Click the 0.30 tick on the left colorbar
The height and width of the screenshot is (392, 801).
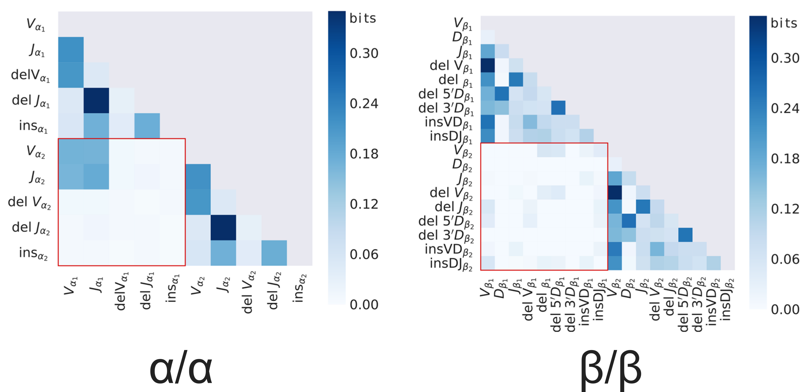[364, 53]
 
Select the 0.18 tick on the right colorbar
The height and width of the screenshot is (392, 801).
[784, 159]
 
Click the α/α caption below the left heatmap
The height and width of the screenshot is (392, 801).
[181, 370]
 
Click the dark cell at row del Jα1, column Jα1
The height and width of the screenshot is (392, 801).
[96, 100]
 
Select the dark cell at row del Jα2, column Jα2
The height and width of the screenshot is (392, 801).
[223, 227]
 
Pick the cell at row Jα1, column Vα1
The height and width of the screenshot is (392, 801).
[71, 50]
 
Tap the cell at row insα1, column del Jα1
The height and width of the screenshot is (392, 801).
[147, 126]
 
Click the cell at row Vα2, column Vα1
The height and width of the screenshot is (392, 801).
[71, 151]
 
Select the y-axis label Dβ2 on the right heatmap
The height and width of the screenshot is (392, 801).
[462, 165]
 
